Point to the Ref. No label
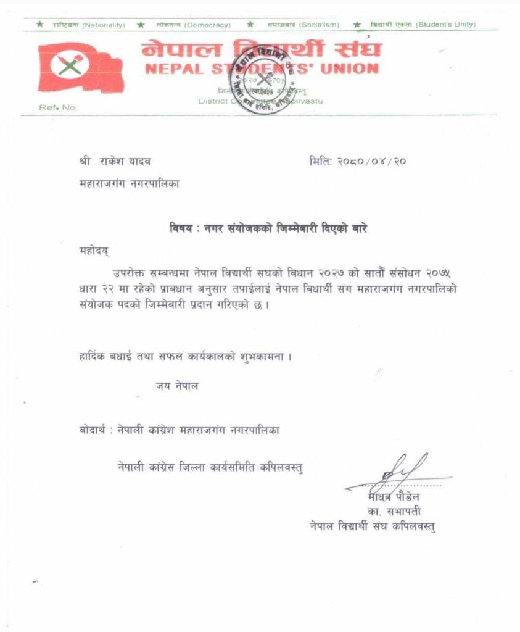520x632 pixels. click(57, 107)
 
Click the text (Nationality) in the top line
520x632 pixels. click(104, 25)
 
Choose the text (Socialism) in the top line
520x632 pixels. click(319, 25)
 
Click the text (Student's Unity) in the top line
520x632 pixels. click(445, 25)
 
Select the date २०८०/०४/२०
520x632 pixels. click(369, 162)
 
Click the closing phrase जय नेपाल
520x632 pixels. click(177, 386)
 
